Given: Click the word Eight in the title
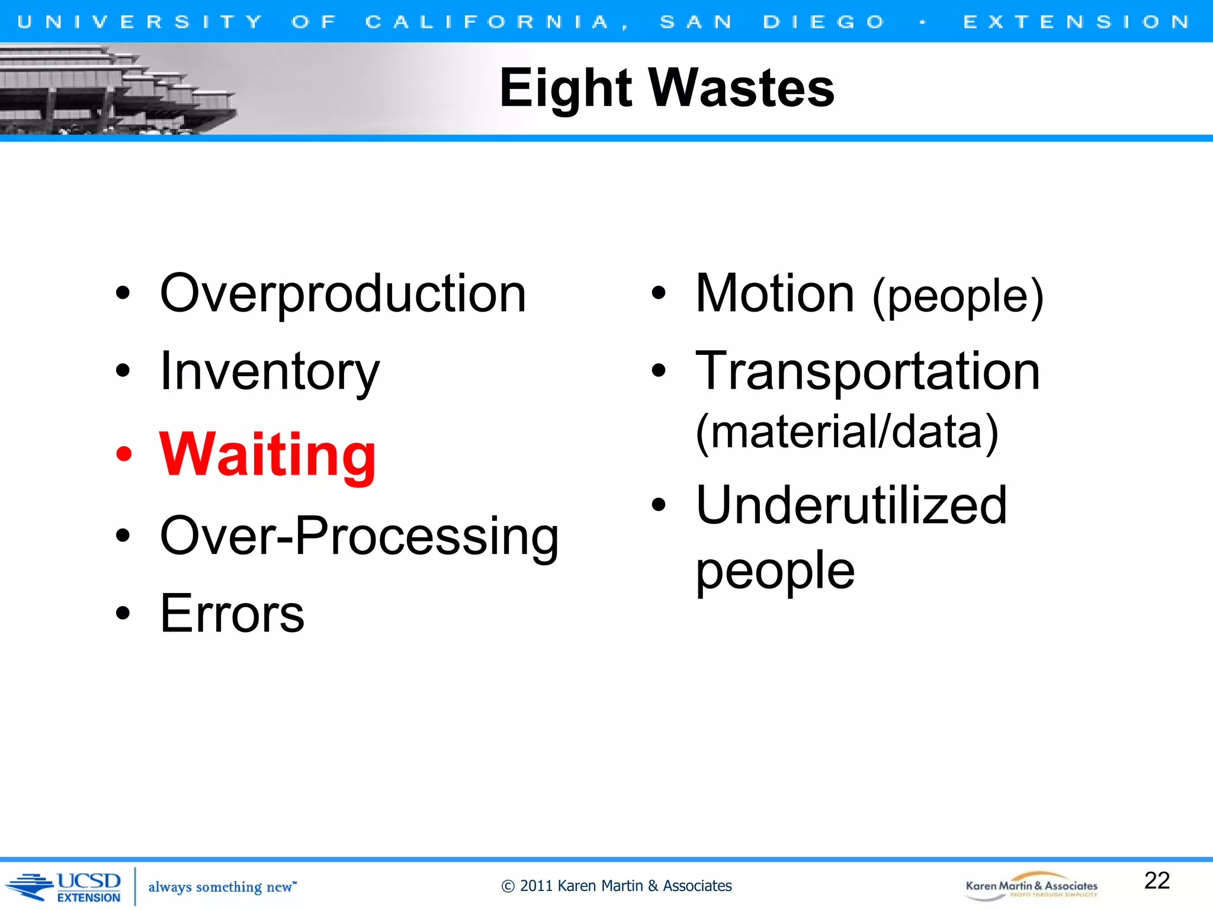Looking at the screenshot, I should (566, 89).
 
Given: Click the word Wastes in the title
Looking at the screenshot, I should (742, 89).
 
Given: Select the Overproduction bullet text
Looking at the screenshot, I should (343, 294).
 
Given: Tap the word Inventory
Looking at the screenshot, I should (269, 372).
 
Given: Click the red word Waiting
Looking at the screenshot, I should (268, 455).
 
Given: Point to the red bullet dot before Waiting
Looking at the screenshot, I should (124, 455).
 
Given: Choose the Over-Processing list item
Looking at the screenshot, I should (359, 536).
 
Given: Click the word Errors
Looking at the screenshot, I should (232, 614).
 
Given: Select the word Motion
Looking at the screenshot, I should (775, 294).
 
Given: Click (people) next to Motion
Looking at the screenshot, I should (958, 297).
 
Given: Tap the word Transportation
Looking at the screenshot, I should (868, 372).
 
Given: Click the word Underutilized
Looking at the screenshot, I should (851, 506).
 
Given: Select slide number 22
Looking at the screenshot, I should (1157, 881).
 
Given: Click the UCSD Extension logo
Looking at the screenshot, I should (65, 887).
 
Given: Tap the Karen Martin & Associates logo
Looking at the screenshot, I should (1031, 886).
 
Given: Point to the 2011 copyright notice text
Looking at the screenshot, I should (616, 886).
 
